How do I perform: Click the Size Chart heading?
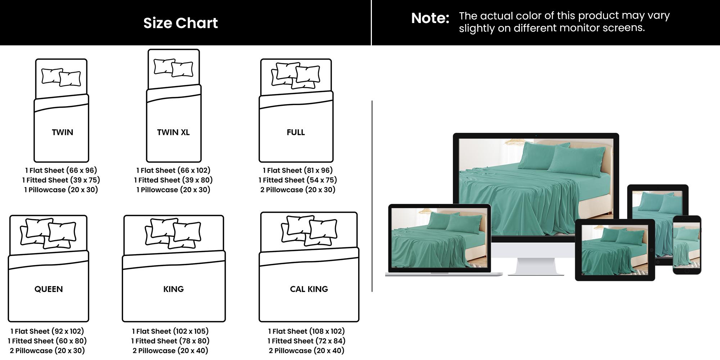(x=180, y=23)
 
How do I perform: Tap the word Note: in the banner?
(x=430, y=18)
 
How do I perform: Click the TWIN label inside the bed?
(x=62, y=132)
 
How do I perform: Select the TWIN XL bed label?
(x=173, y=132)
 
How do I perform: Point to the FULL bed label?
(x=296, y=132)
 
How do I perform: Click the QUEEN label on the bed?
(x=49, y=289)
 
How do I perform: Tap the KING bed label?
(x=174, y=289)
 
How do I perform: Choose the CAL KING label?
(x=309, y=289)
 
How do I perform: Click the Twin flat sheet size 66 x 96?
(x=61, y=170)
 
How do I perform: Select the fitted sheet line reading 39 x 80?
(x=173, y=180)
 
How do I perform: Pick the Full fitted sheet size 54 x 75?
(x=298, y=180)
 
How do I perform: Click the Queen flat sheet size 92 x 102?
(x=47, y=331)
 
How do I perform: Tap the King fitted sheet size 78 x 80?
(x=170, y=341)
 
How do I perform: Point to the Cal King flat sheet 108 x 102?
(x=306, y=331)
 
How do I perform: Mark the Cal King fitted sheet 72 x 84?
(x=306, y=341)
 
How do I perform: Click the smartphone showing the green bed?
(x=687, y=245)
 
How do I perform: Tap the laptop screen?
(x=439, y=238)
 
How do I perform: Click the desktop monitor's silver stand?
(x=535, y=266)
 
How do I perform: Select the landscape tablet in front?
(x=615, y=250)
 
